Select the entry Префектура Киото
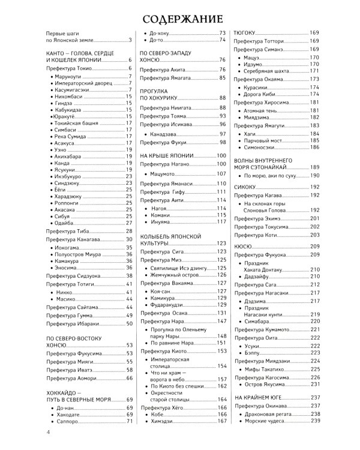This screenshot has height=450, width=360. pos(163,350)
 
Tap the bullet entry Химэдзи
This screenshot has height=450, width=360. pos(159,421)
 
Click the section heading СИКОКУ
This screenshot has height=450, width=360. pos(245,187)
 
